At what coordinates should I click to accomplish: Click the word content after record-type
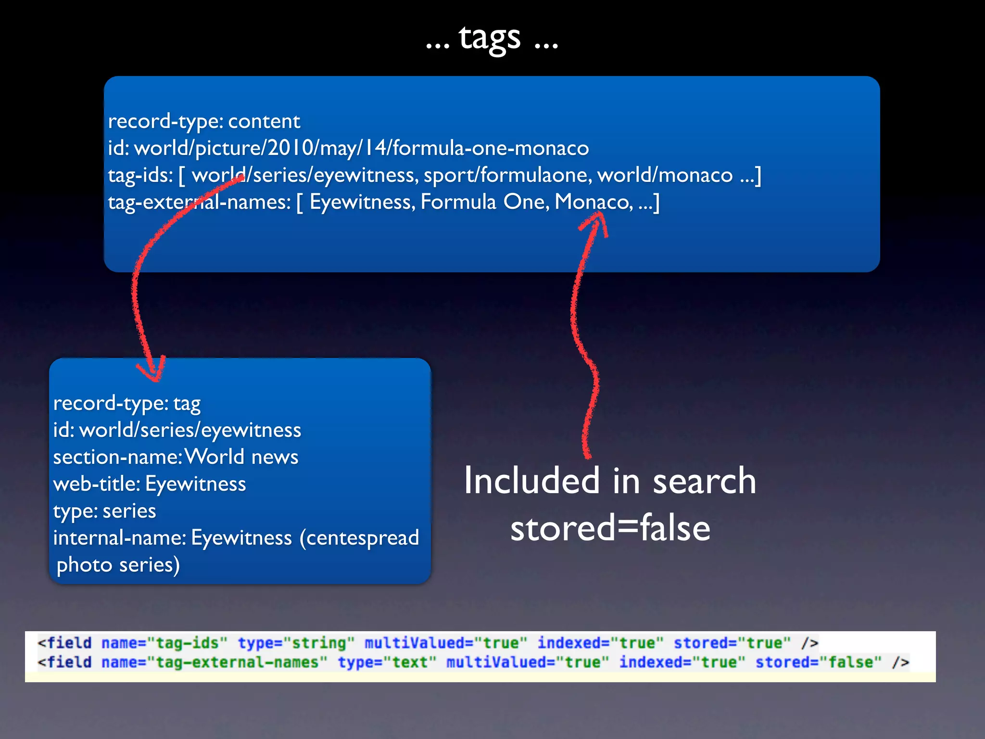(x=264, y=121)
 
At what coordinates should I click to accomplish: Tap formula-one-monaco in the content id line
(x=491, y=148)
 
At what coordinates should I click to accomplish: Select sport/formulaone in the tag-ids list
(x=507, y=175)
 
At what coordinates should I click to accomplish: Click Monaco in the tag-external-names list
(x=594, y=202)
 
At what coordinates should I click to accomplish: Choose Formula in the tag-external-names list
(x=458, y=202)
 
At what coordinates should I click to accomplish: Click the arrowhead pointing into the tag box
(x=153, y=371)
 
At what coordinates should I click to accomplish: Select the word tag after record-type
(x=187, y=404)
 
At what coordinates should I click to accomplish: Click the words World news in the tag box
(x=241, y=457)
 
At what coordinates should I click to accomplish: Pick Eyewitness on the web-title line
(x=195, y=484)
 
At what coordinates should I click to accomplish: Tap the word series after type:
(x=129, y=511)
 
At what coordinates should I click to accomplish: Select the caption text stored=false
(x=610, y=528)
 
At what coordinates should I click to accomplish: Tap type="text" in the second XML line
(x=387, y=663)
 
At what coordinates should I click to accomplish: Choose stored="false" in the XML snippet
(x=818, y=663)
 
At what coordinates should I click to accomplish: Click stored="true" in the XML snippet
(x=732, y=643)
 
